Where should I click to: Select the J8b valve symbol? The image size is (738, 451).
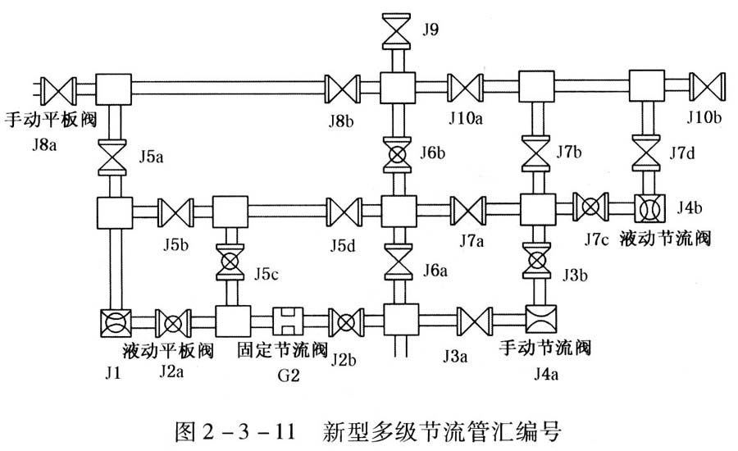click(x=343, y=86)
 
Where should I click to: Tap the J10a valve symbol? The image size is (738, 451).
click(x=465, y=86)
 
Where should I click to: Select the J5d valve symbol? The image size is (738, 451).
click(x=343, y=211)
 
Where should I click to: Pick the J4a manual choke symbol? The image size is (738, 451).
click(x=542, y=319)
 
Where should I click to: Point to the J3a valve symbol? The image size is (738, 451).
click(x=473, y=319)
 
